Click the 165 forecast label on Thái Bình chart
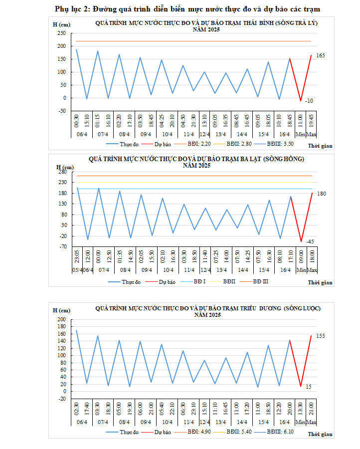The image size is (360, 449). [321, 56]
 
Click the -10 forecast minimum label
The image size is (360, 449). [309, 101]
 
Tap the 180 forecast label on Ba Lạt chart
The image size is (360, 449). [322, 193]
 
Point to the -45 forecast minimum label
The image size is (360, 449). [310, 242]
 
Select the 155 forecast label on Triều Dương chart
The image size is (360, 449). [321, 336]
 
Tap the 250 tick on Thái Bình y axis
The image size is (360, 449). [61, 33]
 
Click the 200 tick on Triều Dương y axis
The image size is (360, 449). [62, 320]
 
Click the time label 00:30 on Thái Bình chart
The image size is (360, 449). [77, 121]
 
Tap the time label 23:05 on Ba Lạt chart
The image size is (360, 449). [77, 257]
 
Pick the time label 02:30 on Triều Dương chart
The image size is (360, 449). [77, 407]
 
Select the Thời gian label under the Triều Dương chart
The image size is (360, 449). [320, 435]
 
